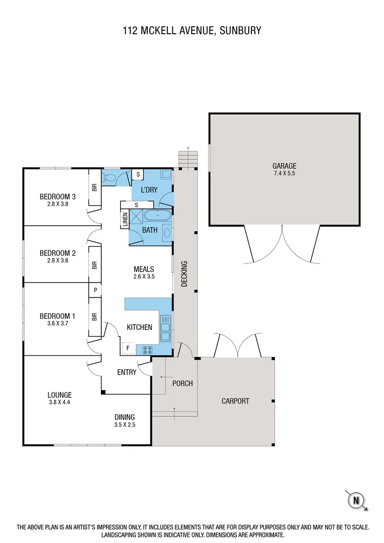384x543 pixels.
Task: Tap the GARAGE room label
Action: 284,165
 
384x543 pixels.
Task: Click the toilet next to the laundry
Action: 111,177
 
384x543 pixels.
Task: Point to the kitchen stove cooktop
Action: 148,349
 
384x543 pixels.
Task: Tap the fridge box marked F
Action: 128,348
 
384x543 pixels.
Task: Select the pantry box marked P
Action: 94,290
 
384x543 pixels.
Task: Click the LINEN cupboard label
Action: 125,220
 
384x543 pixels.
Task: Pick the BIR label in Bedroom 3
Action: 94,188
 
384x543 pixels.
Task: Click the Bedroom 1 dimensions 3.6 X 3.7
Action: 57,324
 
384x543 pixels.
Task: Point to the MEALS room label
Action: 144,269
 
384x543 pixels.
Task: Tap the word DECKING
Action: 184,274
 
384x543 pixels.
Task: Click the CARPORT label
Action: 235,401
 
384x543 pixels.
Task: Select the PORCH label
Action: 182,383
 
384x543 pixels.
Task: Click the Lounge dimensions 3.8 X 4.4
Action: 60,402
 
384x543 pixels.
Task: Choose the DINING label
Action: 125,417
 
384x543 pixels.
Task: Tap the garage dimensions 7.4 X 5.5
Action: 284,173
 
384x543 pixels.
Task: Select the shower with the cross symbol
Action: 136,217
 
